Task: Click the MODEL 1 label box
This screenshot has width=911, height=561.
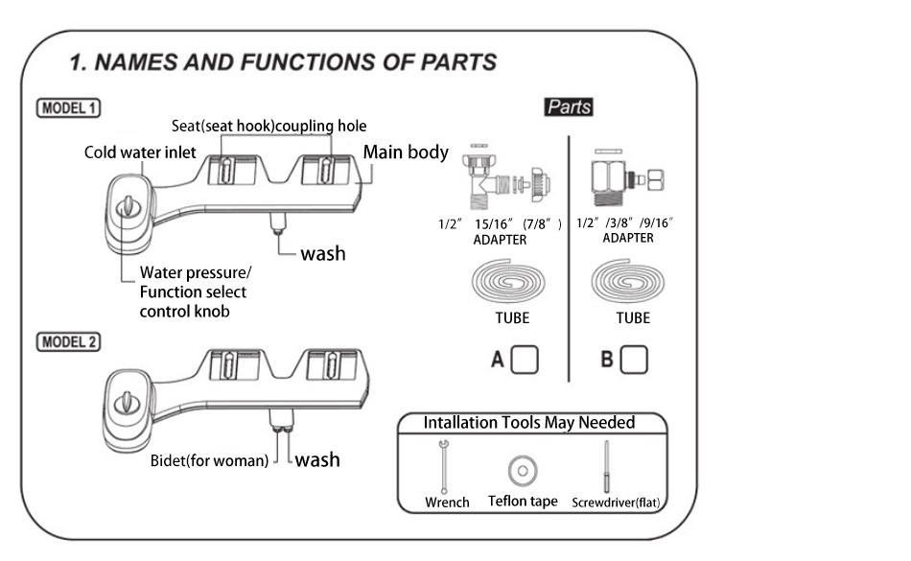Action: [68, 107]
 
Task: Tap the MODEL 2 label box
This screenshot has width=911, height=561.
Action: [68, 340]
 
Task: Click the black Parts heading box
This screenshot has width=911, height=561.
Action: [568, 107]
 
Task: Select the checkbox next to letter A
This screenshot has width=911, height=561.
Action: [525, 359]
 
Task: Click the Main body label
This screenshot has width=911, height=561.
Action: [405, 152]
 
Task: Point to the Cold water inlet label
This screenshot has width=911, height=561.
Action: [140, 152]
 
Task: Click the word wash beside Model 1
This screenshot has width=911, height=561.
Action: [322, 254]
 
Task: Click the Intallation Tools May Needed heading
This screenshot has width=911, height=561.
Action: [529, 422]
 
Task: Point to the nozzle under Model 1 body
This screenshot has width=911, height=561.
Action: [278, 222]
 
